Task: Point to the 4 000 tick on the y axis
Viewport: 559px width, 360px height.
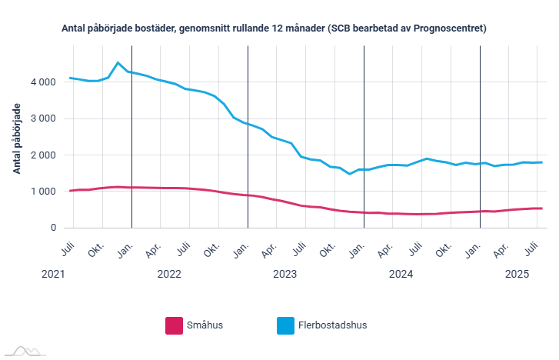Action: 43,82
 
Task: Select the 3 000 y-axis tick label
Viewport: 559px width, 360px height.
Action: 43,118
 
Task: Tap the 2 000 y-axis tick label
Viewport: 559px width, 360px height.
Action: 43,155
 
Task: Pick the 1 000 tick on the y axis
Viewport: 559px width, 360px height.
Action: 43,192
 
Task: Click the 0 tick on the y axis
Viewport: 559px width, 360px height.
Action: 53,228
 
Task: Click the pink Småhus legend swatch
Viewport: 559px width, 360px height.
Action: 174,325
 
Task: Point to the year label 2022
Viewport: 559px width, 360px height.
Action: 168,274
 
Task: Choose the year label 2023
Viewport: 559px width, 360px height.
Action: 284,274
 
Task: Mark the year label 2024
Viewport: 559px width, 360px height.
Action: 401,274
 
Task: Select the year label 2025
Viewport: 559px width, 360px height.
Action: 516,274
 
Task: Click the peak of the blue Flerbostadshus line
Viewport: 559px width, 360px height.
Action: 118,62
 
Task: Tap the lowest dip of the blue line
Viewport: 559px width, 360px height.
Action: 350,174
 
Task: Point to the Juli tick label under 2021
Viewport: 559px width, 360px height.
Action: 67,248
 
